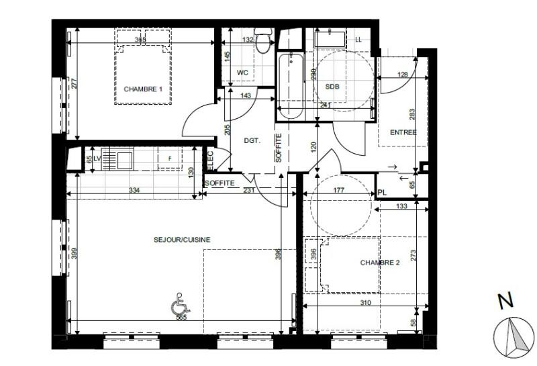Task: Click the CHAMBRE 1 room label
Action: coord(143,89)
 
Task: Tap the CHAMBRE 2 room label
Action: coord(379,263)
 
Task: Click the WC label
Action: coord(243,73)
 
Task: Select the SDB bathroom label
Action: coord(332,87)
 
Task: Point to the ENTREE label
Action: coord(403,132)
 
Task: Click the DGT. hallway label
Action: coord(252,141)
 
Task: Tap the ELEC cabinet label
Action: coord(210,160)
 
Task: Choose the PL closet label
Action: coord(382,193)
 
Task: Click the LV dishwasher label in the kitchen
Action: coord(97,158)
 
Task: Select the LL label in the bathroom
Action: coord(358,40)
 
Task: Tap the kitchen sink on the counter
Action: coord(125,160)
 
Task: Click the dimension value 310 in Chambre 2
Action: coord(365,303)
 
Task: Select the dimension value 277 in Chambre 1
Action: coord(75,83)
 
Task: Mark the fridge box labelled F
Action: coord(169,159)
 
